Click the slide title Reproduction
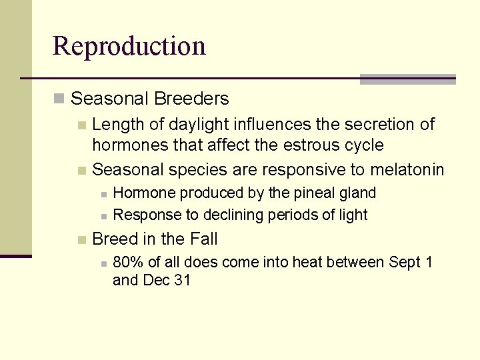[129, 46]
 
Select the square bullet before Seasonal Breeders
[59, 99]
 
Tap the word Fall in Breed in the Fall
[204, 239]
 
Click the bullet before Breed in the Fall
[81, 239]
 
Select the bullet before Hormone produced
[103, 194]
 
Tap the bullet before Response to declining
[103, 215]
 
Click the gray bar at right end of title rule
[407, 79]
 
